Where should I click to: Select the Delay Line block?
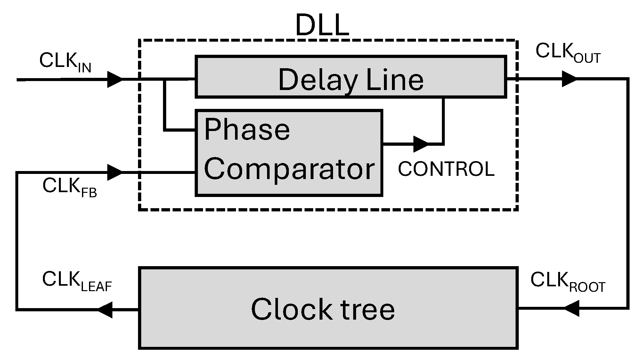tap(351, 77)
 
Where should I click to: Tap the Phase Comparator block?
tap(289, 153)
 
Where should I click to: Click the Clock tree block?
tap(328, 308)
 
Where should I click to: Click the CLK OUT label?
tap(567, 52)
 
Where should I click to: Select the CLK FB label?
tap(69, 187)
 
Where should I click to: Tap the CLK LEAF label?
tap(77, 281)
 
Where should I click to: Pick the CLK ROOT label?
tap(567, 282)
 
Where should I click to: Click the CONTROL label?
tap(446, 169)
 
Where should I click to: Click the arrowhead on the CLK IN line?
tap(115, 79)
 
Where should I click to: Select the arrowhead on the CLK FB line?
tap(115, 173)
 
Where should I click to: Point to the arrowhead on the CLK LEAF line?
tap(105, 310)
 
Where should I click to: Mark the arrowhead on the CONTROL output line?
tap(421, 144)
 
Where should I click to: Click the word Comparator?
tap(289, 169)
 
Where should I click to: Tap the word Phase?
tap(247, 130)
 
